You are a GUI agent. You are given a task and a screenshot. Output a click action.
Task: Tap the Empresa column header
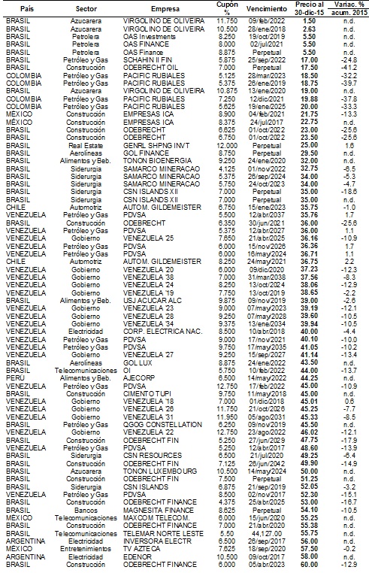coord(155,7)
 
